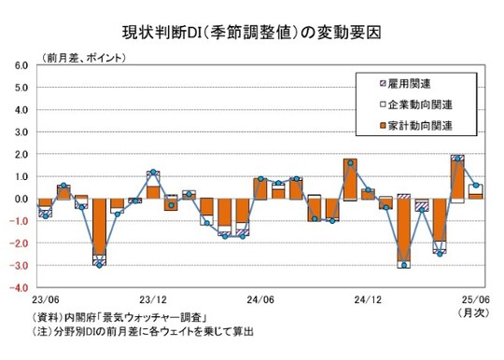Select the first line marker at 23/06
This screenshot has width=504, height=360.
pos(44,214)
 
